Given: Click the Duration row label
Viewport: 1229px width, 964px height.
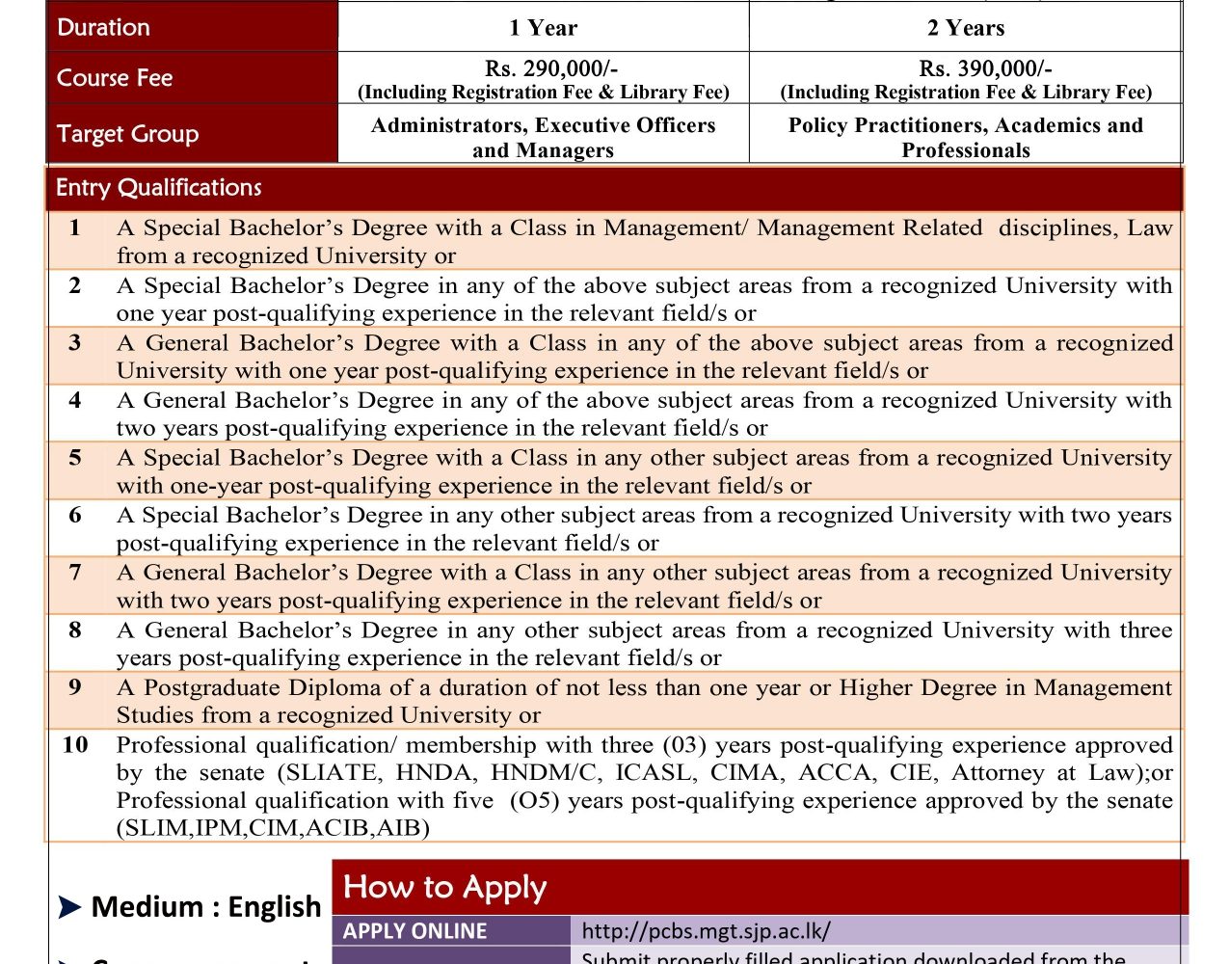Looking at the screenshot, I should [x=103, y=27].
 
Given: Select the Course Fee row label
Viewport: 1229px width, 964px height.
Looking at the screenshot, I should [x=115, y=78].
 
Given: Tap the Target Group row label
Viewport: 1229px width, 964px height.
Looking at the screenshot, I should [x=127, y=134].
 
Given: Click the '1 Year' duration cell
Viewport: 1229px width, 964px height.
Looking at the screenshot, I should [x=544, y=28].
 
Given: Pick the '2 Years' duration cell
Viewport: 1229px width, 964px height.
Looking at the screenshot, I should [x=966, y=28].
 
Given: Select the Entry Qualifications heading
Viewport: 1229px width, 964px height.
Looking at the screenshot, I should [x=159, y=188].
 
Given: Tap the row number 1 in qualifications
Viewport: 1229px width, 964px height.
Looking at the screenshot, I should [x=75, y=228].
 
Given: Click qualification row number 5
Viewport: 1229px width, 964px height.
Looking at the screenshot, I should [x=75, y=458].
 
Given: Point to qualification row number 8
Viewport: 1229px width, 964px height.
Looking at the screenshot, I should [x=75, y=630].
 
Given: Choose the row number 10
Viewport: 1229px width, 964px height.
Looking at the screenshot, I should [x=75, y=745].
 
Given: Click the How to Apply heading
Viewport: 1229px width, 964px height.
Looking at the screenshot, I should [x=444, y=887].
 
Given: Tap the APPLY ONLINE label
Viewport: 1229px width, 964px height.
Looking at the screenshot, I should [x=415, y=931].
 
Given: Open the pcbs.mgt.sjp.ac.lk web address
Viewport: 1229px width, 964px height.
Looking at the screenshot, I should [x=706, y=931].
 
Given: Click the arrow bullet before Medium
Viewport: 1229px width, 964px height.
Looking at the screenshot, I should [x=69, y=907].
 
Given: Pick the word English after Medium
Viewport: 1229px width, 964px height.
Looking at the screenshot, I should [x=274, y=907].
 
